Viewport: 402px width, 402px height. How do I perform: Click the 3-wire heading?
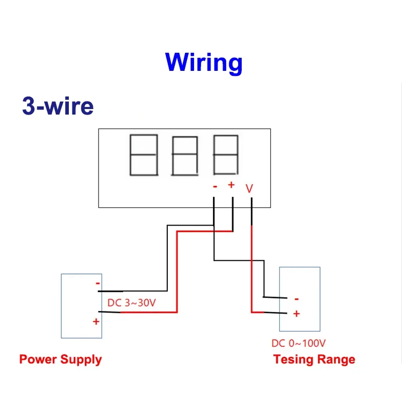click(58, 107)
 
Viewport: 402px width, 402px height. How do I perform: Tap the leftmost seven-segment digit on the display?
click(144, 154)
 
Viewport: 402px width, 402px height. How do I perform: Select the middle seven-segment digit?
click(185, 155)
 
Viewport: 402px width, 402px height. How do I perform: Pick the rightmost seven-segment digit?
click(226, 154)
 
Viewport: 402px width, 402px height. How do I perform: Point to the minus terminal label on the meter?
click(215, 186)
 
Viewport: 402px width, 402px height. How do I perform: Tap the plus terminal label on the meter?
click(231, 185)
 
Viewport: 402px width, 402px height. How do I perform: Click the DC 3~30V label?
click(131, 303)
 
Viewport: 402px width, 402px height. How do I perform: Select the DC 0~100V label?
click(298, 343)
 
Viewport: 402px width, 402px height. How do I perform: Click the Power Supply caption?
click(60, 359)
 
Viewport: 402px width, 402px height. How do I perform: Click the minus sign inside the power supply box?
click(97, 283)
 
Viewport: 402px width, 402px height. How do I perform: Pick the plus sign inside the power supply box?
click(95, 322)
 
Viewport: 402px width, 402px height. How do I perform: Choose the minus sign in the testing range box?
click(296, 299)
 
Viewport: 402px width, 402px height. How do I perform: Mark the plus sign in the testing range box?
click(296, 314)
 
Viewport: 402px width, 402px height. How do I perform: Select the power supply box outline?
click(61, 307)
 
